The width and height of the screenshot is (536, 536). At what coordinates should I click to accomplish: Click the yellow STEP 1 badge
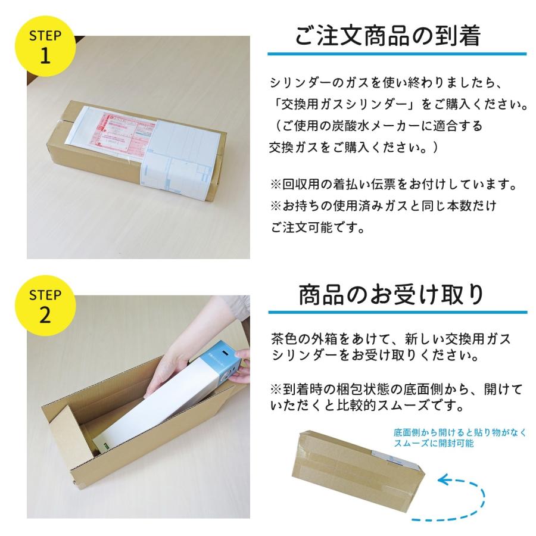(46, 46)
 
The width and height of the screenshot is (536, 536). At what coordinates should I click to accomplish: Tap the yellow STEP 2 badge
(46, 306)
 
